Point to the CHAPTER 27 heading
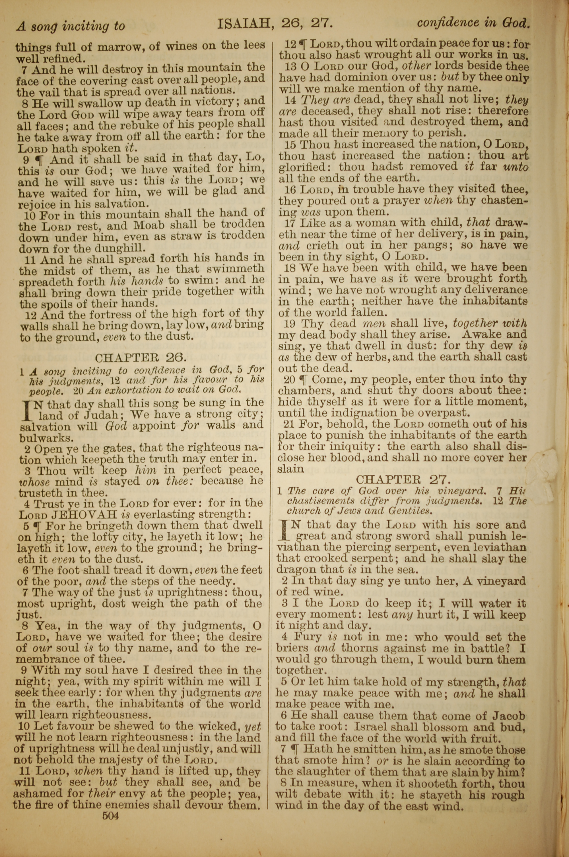coord(403,479)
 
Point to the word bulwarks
coord(40,437)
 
